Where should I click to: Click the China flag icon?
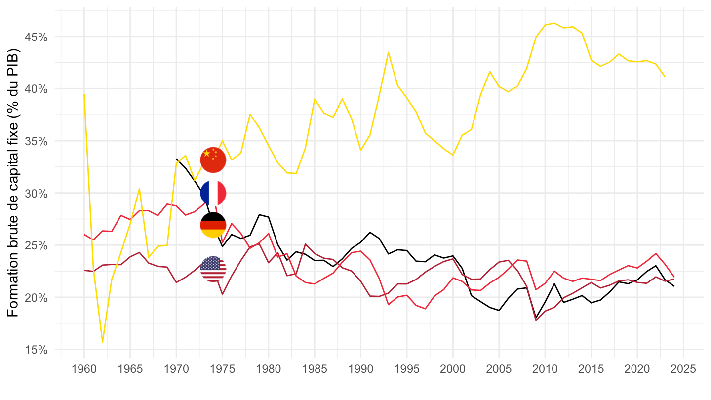pos(213,160)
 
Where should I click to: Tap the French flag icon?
pos(213,193)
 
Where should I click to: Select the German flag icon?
pos(213,225)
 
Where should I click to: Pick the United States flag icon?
pos(213,269)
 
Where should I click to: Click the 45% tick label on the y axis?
pos(37,37)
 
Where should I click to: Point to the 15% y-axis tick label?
pos(37,350)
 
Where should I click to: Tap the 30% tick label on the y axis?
pos(37,193)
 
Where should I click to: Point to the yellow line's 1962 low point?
pos(102,342)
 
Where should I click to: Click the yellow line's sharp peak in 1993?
pos(389,52)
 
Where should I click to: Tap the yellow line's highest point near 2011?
pos(554,23)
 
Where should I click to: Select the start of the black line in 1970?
pos(176,159)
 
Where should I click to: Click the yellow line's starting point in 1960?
pos(84,94)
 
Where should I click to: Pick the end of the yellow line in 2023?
pos(665,77)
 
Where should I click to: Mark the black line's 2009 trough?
pos(536,318)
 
